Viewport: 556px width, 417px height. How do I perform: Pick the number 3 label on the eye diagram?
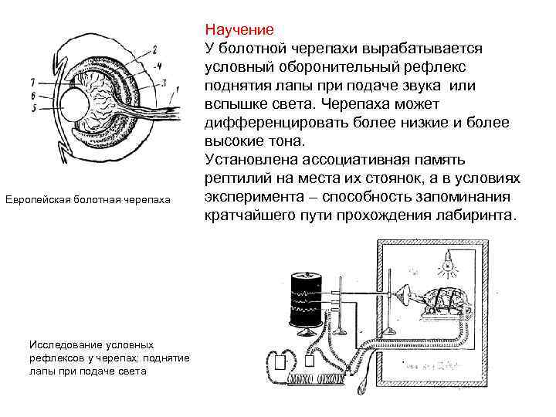point(164,81)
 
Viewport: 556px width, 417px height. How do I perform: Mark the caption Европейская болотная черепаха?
point(99,201)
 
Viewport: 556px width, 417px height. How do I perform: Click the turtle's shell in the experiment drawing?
point(445,297)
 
